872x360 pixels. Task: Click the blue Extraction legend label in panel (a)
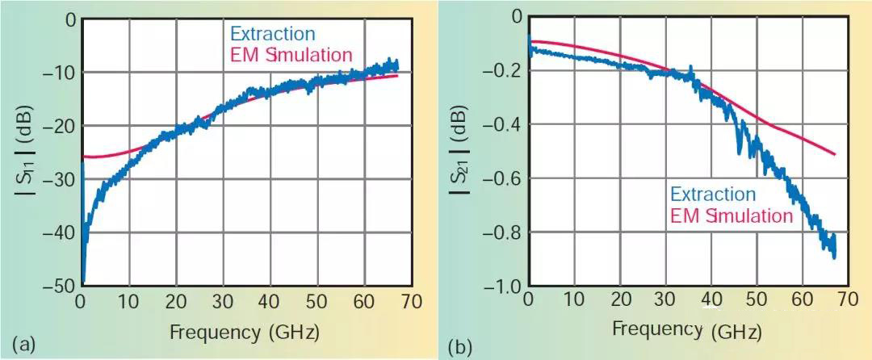[272, 35]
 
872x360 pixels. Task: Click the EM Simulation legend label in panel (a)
[292, 55]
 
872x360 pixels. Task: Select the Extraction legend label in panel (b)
[711, 195]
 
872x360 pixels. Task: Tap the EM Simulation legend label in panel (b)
[732, 216]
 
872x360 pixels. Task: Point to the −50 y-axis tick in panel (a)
[59, 286]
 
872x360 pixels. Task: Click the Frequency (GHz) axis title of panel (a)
[245, 331]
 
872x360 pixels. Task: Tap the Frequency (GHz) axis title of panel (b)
[688, 330]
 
